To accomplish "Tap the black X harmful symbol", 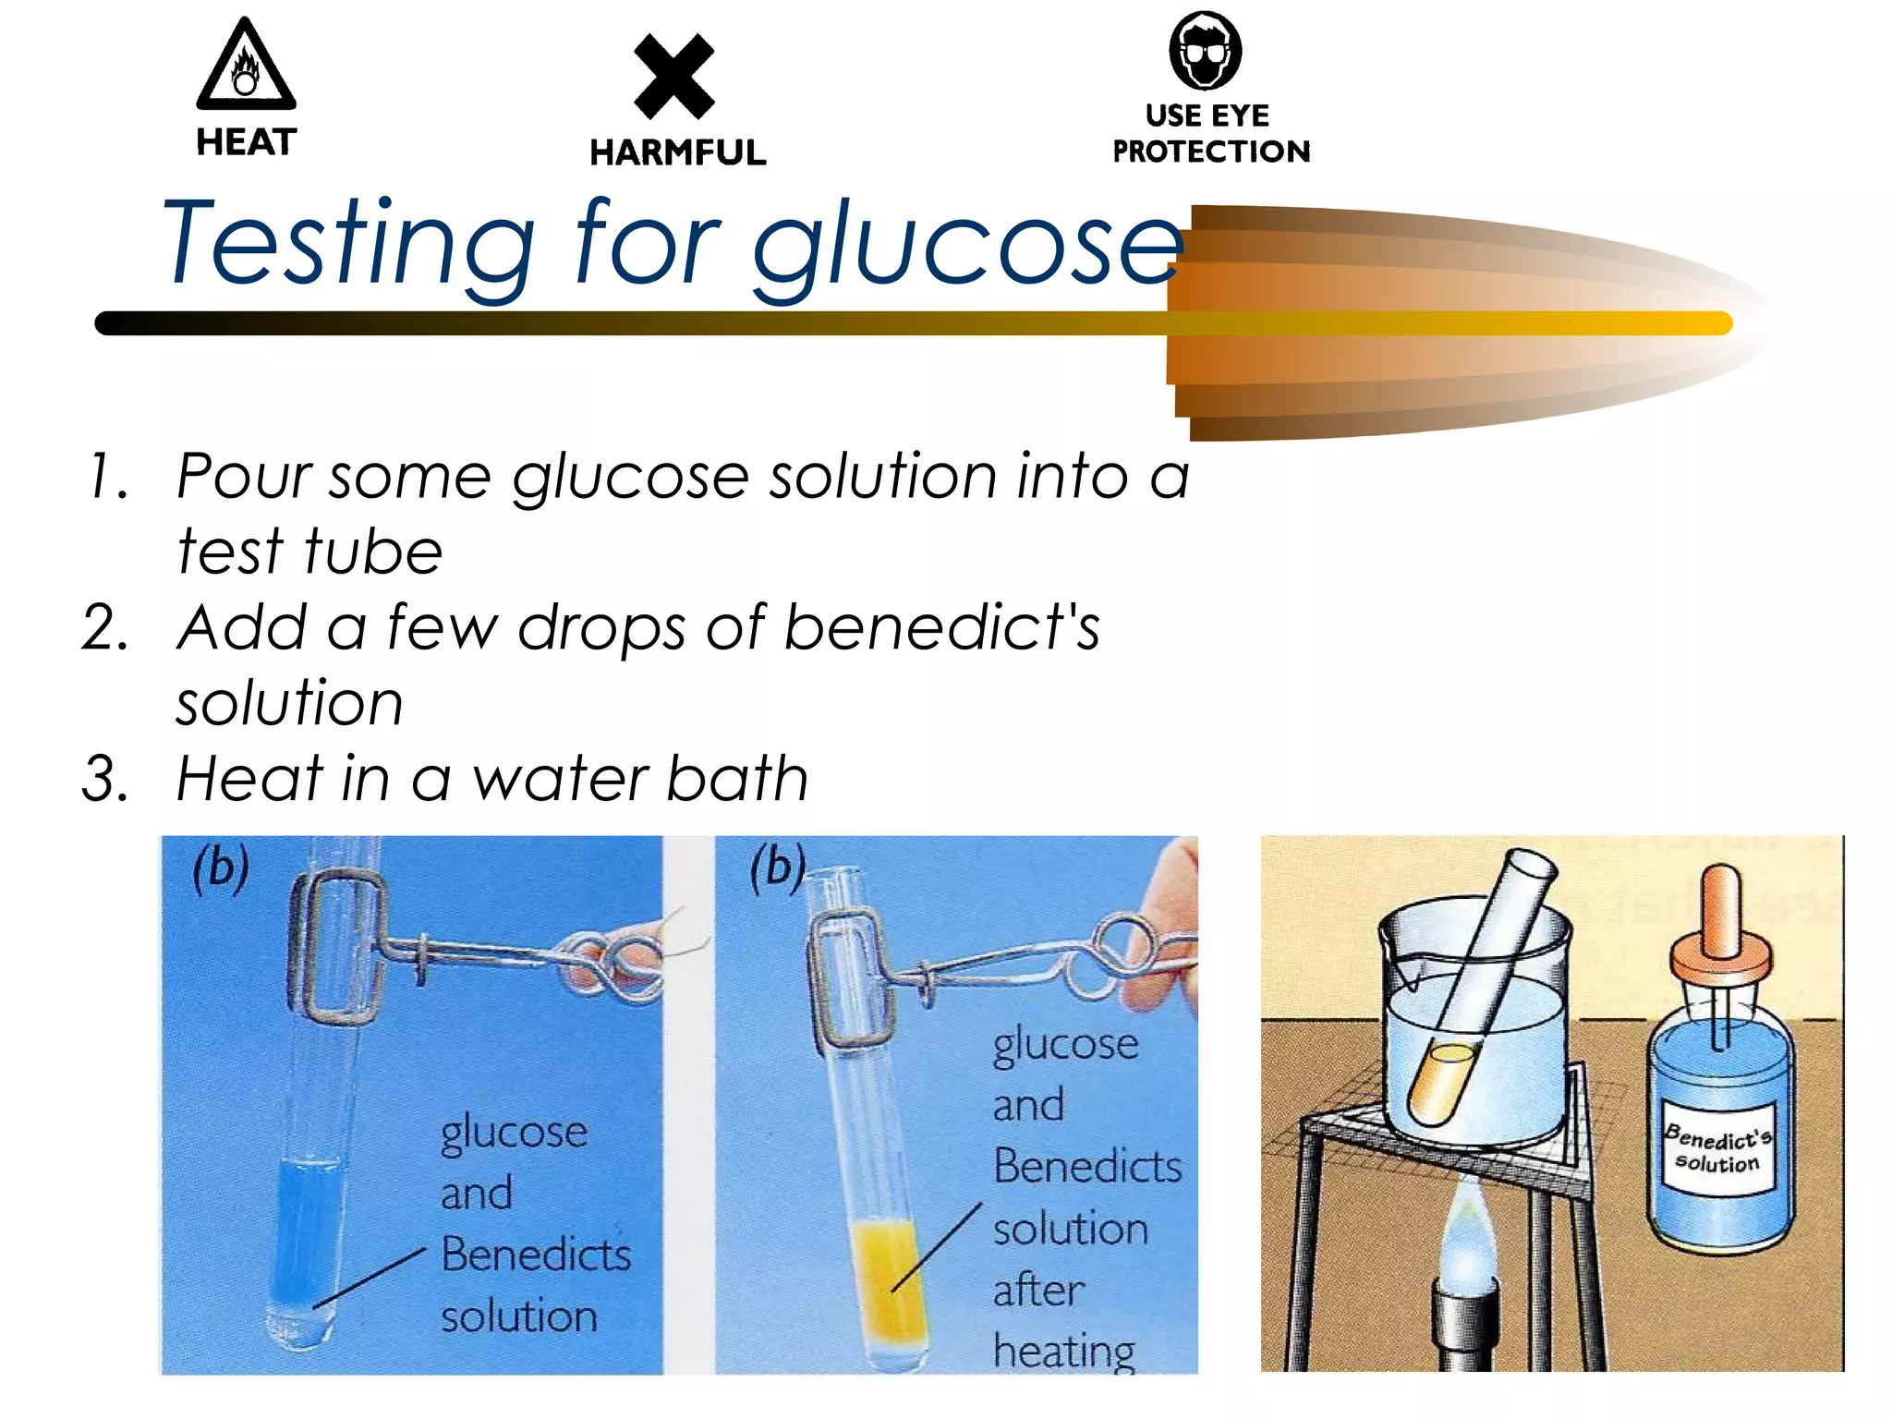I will click(x=674, y=77).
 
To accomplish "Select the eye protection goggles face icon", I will click(x=1205, y=51).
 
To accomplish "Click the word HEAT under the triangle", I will click(x=246, y=142).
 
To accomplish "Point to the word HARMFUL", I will click(x=678, y=152).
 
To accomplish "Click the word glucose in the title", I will click(x=965, y=246).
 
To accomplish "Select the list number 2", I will click(x=105, y=627).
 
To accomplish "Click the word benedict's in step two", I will click(x=941, y=627).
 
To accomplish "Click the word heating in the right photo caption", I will click(x=1063, y=1351).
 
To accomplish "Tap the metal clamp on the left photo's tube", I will click(x=337, y=947).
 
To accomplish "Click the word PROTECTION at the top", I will click(x=1211, y=152).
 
